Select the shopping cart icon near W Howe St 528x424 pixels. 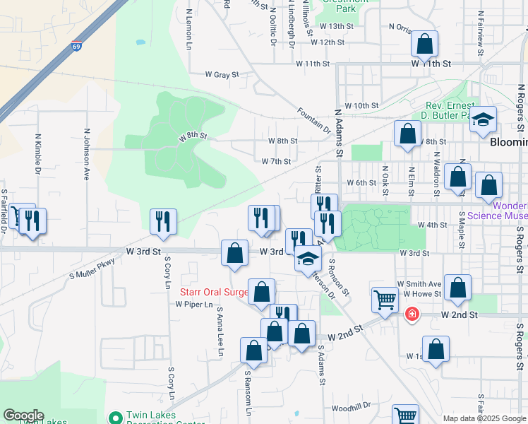[385, 300]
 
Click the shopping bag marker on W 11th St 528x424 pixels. [424, 45]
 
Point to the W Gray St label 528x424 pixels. [222, 73]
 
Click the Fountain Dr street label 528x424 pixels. [314, 119]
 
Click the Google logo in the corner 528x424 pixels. [23, 416]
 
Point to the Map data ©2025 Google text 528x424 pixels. [485, 418]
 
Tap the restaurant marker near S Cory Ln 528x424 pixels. [162, 221]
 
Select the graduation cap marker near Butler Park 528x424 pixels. [484, 119]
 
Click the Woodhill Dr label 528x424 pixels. [351, 408]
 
